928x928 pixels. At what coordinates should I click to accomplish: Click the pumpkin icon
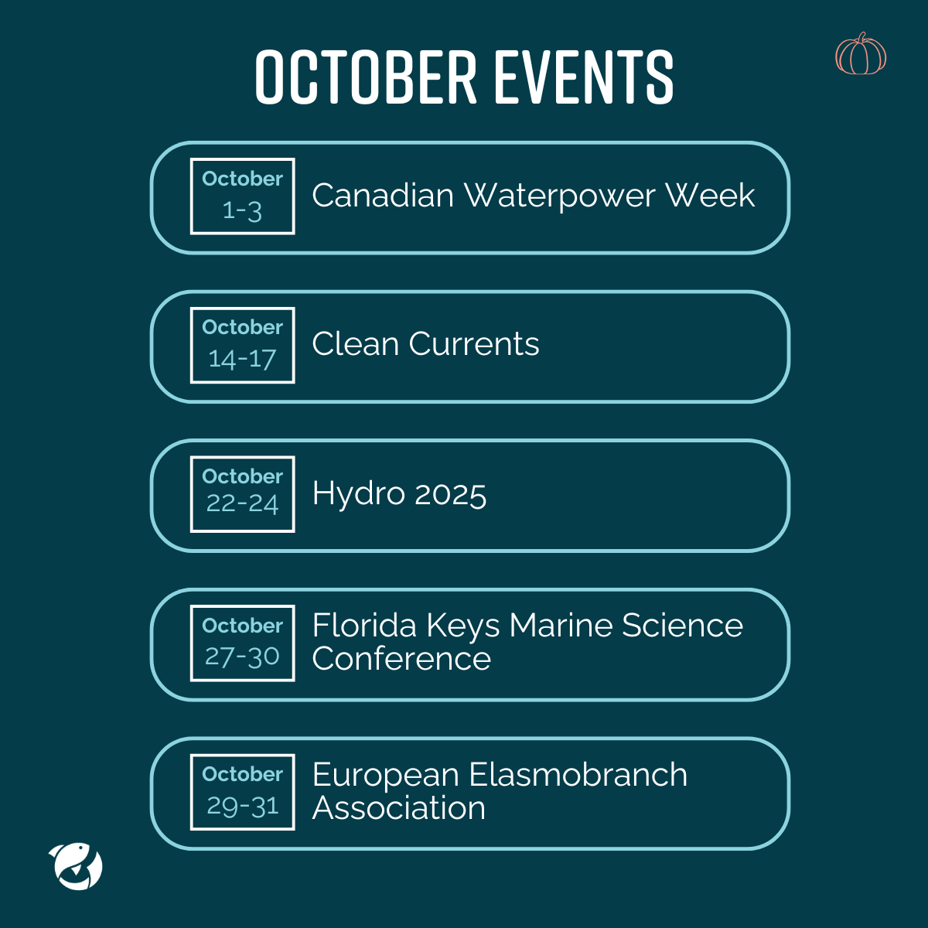[861, 54]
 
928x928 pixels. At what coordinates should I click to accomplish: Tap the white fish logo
[76, 865]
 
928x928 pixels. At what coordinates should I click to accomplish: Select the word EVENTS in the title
[584, 77]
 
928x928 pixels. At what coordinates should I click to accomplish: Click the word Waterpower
[559, 196]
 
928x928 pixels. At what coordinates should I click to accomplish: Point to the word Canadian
[383, 195]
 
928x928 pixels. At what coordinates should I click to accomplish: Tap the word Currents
[474, 344]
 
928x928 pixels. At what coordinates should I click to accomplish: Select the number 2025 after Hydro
[450, 494]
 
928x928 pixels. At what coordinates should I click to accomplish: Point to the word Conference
[401, 658]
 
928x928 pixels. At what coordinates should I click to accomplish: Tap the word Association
[399, 807]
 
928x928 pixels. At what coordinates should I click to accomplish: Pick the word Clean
[356, 344]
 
